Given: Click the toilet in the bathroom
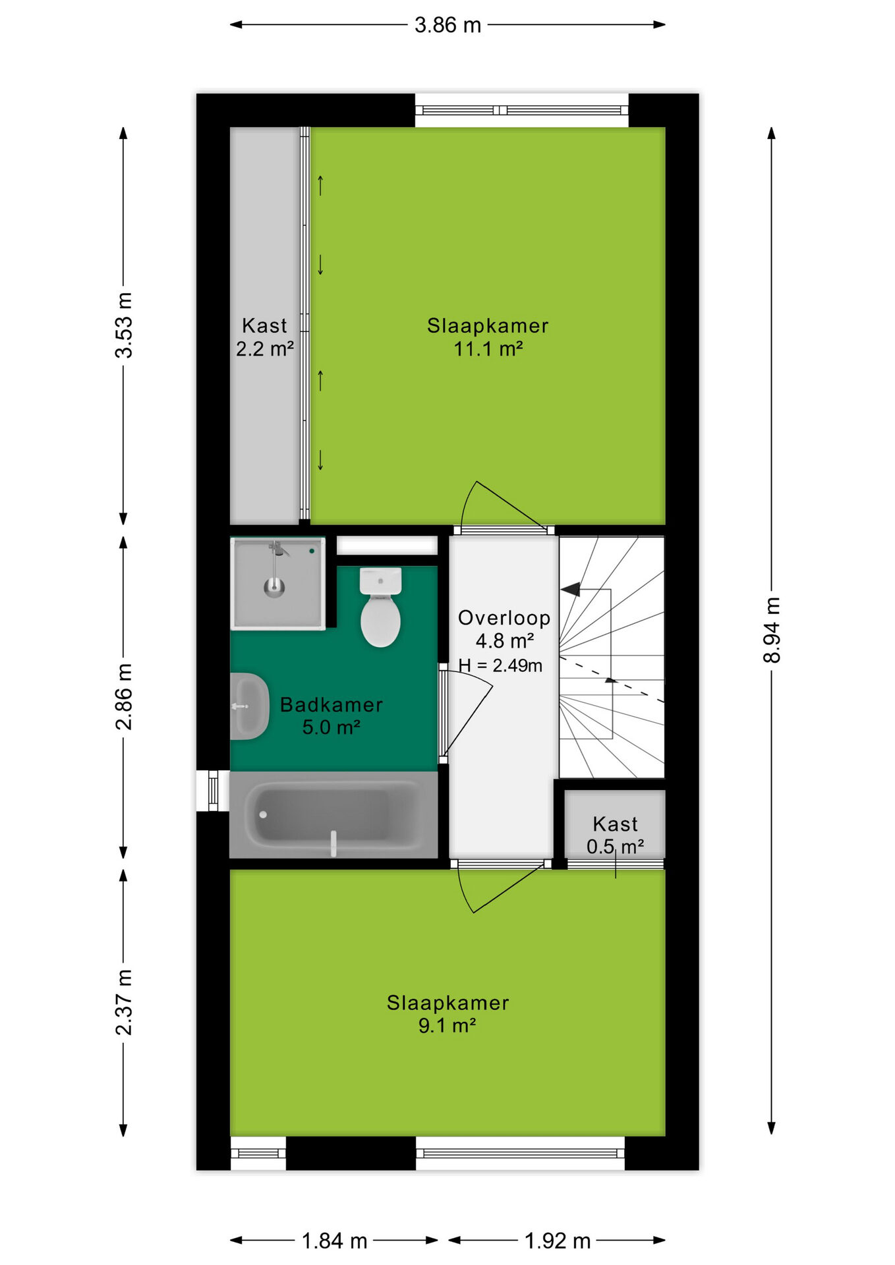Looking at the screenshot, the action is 380,606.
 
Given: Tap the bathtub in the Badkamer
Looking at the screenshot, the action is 333,815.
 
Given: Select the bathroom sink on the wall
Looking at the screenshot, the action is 249,706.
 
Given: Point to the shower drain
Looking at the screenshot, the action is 274,586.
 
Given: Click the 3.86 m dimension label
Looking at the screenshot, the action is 447,25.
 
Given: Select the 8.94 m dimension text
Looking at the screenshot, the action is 771,630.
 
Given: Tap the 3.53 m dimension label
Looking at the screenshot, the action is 123,325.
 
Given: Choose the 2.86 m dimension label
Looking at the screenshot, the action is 123,696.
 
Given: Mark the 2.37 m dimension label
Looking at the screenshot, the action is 123,1002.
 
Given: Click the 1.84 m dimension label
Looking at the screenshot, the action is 334,1241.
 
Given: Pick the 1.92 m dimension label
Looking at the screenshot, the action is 558,1241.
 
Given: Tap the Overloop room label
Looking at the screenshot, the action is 504,618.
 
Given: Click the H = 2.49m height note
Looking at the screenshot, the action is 501,665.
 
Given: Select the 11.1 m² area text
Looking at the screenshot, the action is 488,349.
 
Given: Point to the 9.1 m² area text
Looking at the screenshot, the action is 447,1026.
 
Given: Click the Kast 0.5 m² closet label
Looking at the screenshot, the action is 616,835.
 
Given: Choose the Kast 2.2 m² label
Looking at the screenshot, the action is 265,337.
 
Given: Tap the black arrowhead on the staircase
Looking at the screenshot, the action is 571,589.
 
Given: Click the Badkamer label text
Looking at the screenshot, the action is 332,705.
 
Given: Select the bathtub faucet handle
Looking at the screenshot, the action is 333,843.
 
